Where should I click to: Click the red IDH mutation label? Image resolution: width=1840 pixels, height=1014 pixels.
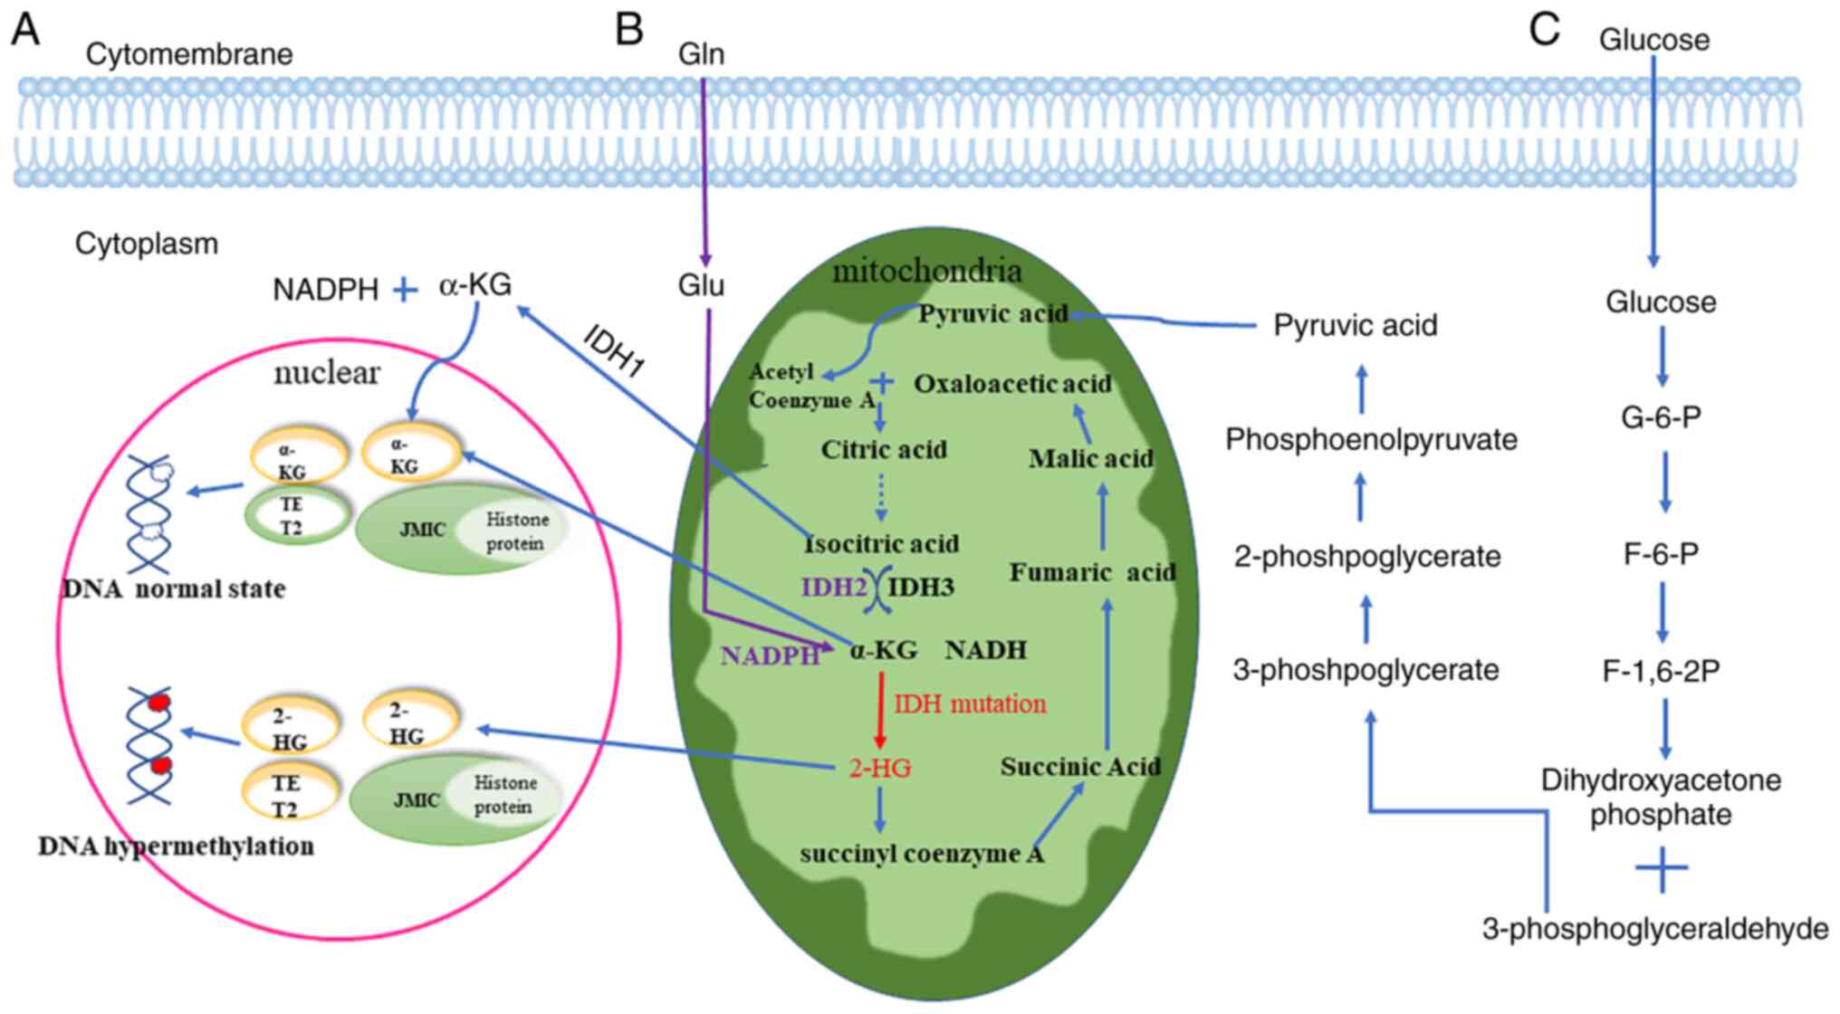click(970, 703)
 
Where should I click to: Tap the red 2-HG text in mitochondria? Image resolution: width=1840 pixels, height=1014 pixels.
click(879, 769)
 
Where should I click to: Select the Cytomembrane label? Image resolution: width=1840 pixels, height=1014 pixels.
click(189, 54)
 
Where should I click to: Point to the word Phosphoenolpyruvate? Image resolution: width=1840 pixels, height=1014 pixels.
click(1371, 440)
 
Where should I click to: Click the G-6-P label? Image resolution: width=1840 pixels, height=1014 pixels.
click(1661, 417)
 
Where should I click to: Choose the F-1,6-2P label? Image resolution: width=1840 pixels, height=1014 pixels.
click(1661, 671)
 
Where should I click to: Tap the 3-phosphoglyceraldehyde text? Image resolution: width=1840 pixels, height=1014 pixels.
click(1654, 929)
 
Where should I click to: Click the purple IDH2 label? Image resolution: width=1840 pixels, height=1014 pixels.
click(834, 587)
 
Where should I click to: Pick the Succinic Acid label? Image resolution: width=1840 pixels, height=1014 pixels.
click(1080, 767)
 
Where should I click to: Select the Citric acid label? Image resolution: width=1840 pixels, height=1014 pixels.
click(884, 450)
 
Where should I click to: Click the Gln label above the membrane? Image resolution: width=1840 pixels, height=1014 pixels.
click(701, 54)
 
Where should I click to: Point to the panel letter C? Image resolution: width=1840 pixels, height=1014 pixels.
click(1544, 29)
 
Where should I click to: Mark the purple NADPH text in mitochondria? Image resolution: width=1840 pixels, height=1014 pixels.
click(770, 655)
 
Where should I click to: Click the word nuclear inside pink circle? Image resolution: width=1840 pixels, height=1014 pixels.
click(327, 372)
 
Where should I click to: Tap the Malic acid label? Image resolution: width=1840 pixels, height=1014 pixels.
click(1090, 459)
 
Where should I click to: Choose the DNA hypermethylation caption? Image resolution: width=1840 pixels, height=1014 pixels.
click(177, 847)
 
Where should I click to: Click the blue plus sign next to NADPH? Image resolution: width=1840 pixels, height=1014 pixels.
click(405, 290)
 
